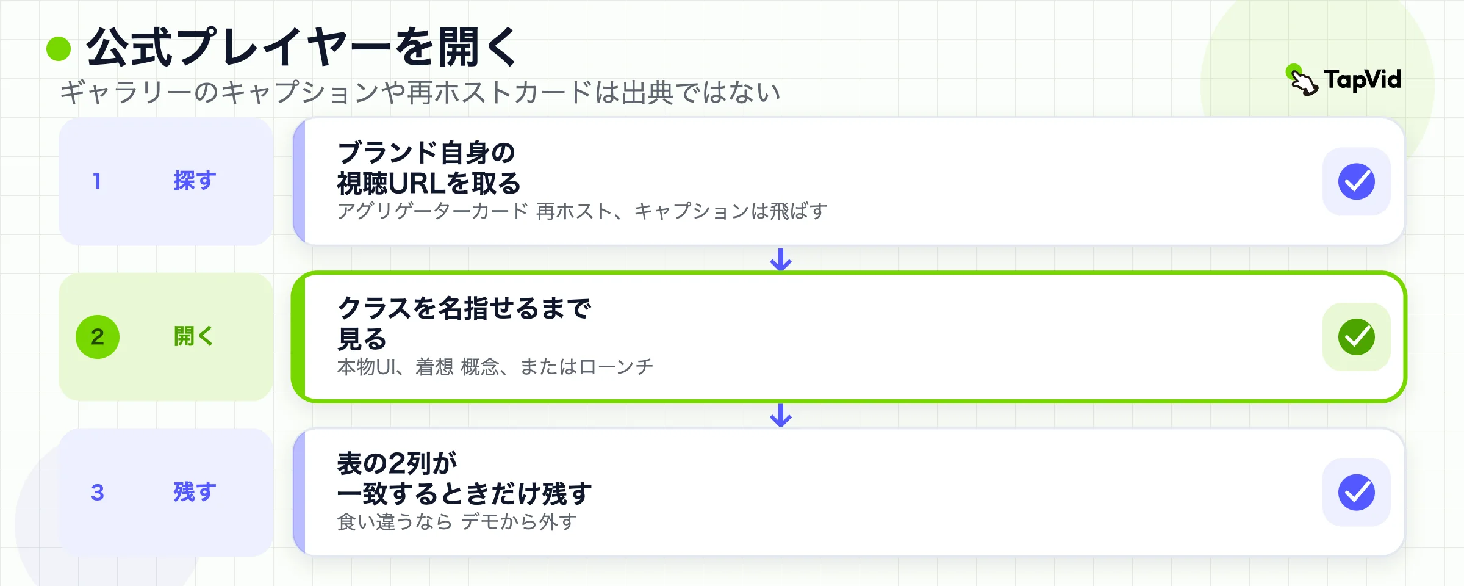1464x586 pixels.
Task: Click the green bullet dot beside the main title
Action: click(x=59, y=49)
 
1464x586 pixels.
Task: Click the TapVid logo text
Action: click(x=1362, y=80)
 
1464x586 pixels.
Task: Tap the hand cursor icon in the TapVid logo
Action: click(x=1302, y=80)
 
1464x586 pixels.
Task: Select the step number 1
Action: click(x=96, y=181)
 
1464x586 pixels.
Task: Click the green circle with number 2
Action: click(x=98, y=337)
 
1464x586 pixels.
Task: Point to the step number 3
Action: click(x=98, y=493)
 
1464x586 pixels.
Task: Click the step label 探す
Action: click(x=195, y=181)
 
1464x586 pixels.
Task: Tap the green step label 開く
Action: click(x=194, y=336)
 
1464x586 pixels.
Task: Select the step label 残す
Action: click(x=195, y=492)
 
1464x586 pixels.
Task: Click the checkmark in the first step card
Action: click(x=1357, y=181)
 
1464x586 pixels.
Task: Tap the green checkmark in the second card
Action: click(x=1357, y=337)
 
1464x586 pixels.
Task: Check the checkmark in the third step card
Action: click(x=1357, y=493)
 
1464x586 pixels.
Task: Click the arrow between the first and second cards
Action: click(x=781, y=259)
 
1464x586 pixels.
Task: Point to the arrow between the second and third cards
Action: click(x=781, y=415)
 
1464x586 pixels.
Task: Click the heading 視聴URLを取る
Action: click(x=429, y=183)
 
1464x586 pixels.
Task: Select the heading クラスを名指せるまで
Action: click(x=464, y=308)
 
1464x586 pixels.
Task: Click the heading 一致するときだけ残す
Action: click(x=464, y=494)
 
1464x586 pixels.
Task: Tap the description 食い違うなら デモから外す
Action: click(x=457, y=522)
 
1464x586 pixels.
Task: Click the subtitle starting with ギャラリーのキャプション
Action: click(x=420, y=92)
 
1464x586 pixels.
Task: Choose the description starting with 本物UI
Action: click(x=495, y=367)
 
